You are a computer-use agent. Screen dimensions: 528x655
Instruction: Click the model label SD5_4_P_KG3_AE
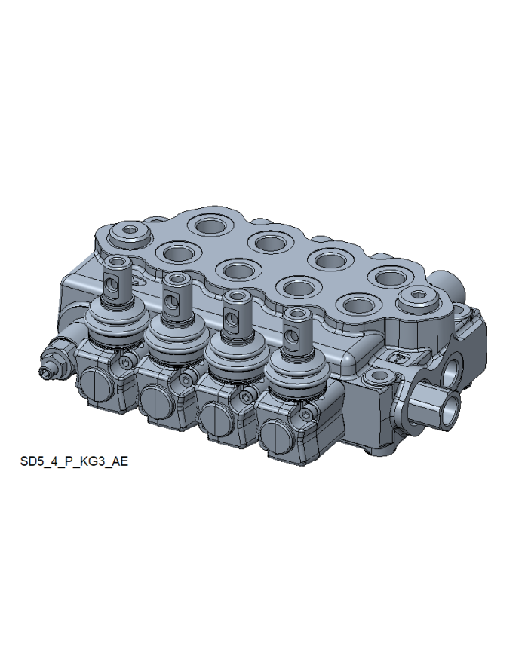click(x=74, y=461)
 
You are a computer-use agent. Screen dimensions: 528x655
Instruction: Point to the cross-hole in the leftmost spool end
click(x=113, y=286)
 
